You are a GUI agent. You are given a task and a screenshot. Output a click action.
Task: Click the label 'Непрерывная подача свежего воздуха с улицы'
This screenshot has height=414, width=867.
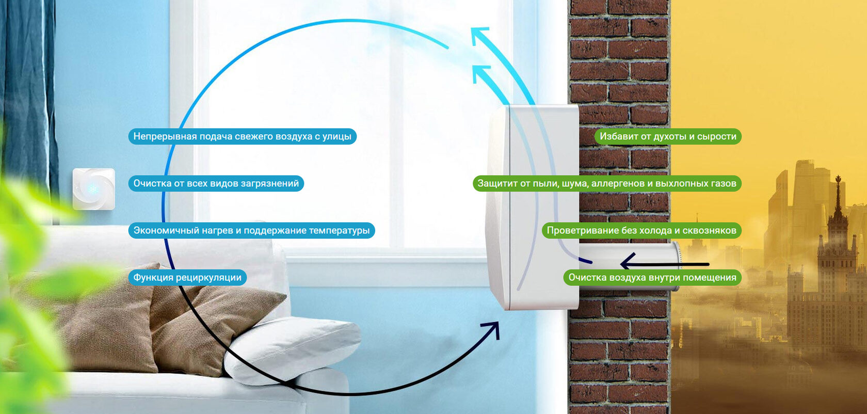[x=242, y=137]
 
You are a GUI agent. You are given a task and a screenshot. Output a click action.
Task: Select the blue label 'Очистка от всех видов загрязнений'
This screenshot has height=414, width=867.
[x=216, y=184]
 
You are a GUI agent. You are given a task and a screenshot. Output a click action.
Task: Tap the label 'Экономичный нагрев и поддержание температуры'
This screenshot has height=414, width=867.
[x=251, y=231]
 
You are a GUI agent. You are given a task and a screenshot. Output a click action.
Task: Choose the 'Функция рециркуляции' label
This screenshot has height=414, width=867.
[x=187, y=278]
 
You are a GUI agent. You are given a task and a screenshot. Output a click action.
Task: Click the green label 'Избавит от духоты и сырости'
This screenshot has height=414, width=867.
[x=668, y=137]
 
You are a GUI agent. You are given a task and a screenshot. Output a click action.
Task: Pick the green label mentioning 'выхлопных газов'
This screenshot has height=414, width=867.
[x=607, y=184]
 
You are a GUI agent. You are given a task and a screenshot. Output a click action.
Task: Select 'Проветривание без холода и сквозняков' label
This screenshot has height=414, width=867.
[x=641, y=231]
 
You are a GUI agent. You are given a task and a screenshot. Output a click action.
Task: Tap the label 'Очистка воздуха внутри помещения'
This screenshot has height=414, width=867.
[x=652, y=278]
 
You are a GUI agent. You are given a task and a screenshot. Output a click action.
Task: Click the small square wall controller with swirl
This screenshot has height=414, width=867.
[x=93, y=189]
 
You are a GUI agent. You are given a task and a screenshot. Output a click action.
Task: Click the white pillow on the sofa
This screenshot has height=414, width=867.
[x=292, y=347]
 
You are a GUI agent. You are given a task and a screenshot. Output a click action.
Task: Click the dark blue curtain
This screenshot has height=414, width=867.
[x=28, y=93]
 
